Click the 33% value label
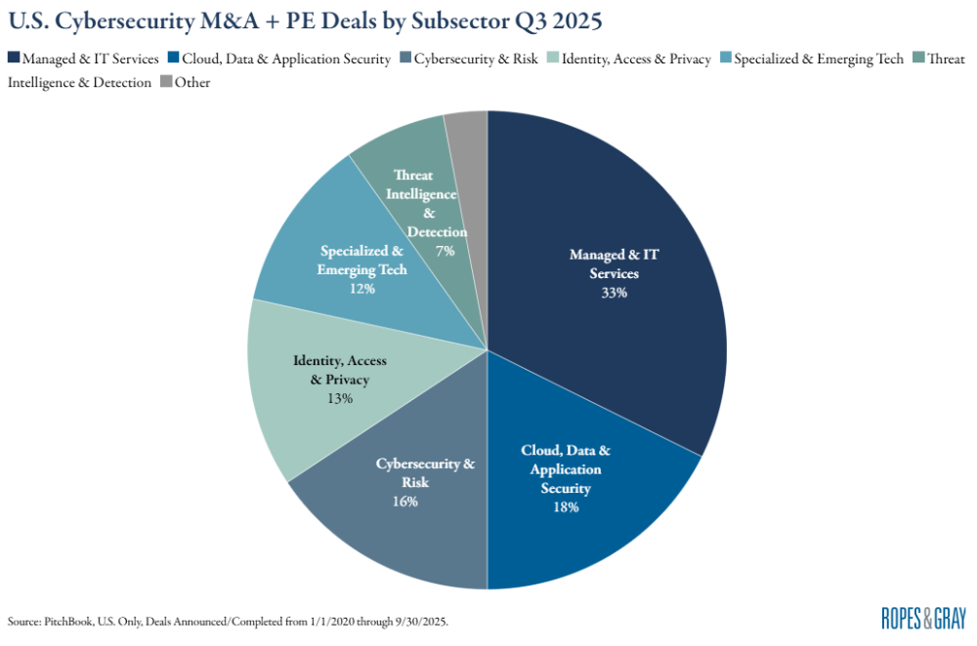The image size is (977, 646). [615, 292]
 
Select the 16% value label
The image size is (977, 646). [405, 501]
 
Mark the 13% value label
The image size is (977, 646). [340, 398]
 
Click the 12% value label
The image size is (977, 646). [362, 288]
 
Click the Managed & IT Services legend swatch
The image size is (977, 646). [13, 59]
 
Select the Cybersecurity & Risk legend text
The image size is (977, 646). [477, 59]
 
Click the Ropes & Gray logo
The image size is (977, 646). [923, 618]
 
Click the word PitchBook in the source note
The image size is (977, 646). [64, 621]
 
